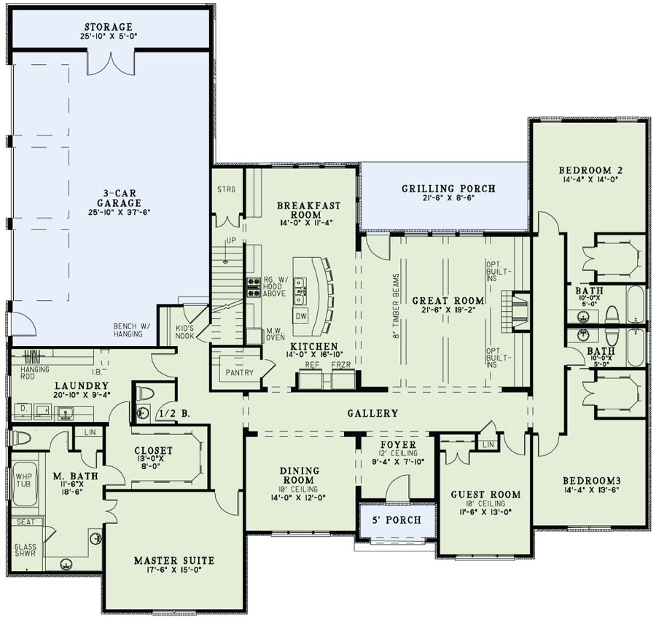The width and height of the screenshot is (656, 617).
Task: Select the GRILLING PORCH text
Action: pos(448,189)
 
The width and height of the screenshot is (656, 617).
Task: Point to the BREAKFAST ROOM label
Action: pos(300,211)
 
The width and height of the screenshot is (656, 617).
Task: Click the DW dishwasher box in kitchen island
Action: pos(301,316)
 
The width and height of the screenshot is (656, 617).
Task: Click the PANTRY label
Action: pos(240,373)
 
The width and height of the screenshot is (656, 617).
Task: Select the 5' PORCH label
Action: pos(397,520)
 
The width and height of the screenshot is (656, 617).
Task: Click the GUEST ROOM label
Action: pos(485,495)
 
